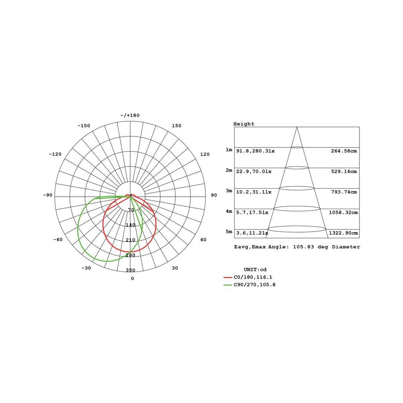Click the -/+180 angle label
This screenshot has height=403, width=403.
pyautogui.click(x=130, y=115)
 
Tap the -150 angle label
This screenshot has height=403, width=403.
pyautogui.click(x=84, y=126)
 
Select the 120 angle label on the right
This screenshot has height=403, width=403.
pyautogui.click(x=205, y=154)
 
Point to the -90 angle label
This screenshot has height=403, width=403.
pyautogui.click(x=48, y=195)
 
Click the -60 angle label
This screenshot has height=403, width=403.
pyautogui.click(x=58, y=239)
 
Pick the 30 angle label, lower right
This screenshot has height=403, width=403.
pyautogui.click(x=175, y=268)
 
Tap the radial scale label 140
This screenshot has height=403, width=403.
pyautogui.click(x=130, y=225)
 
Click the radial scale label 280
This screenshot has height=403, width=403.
pyautogui.click(x=130, y=255)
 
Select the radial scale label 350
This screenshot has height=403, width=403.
pyautogui.click(x=130, y=270)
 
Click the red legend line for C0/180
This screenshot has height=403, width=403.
pyautogui.click(x=228, y=278)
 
